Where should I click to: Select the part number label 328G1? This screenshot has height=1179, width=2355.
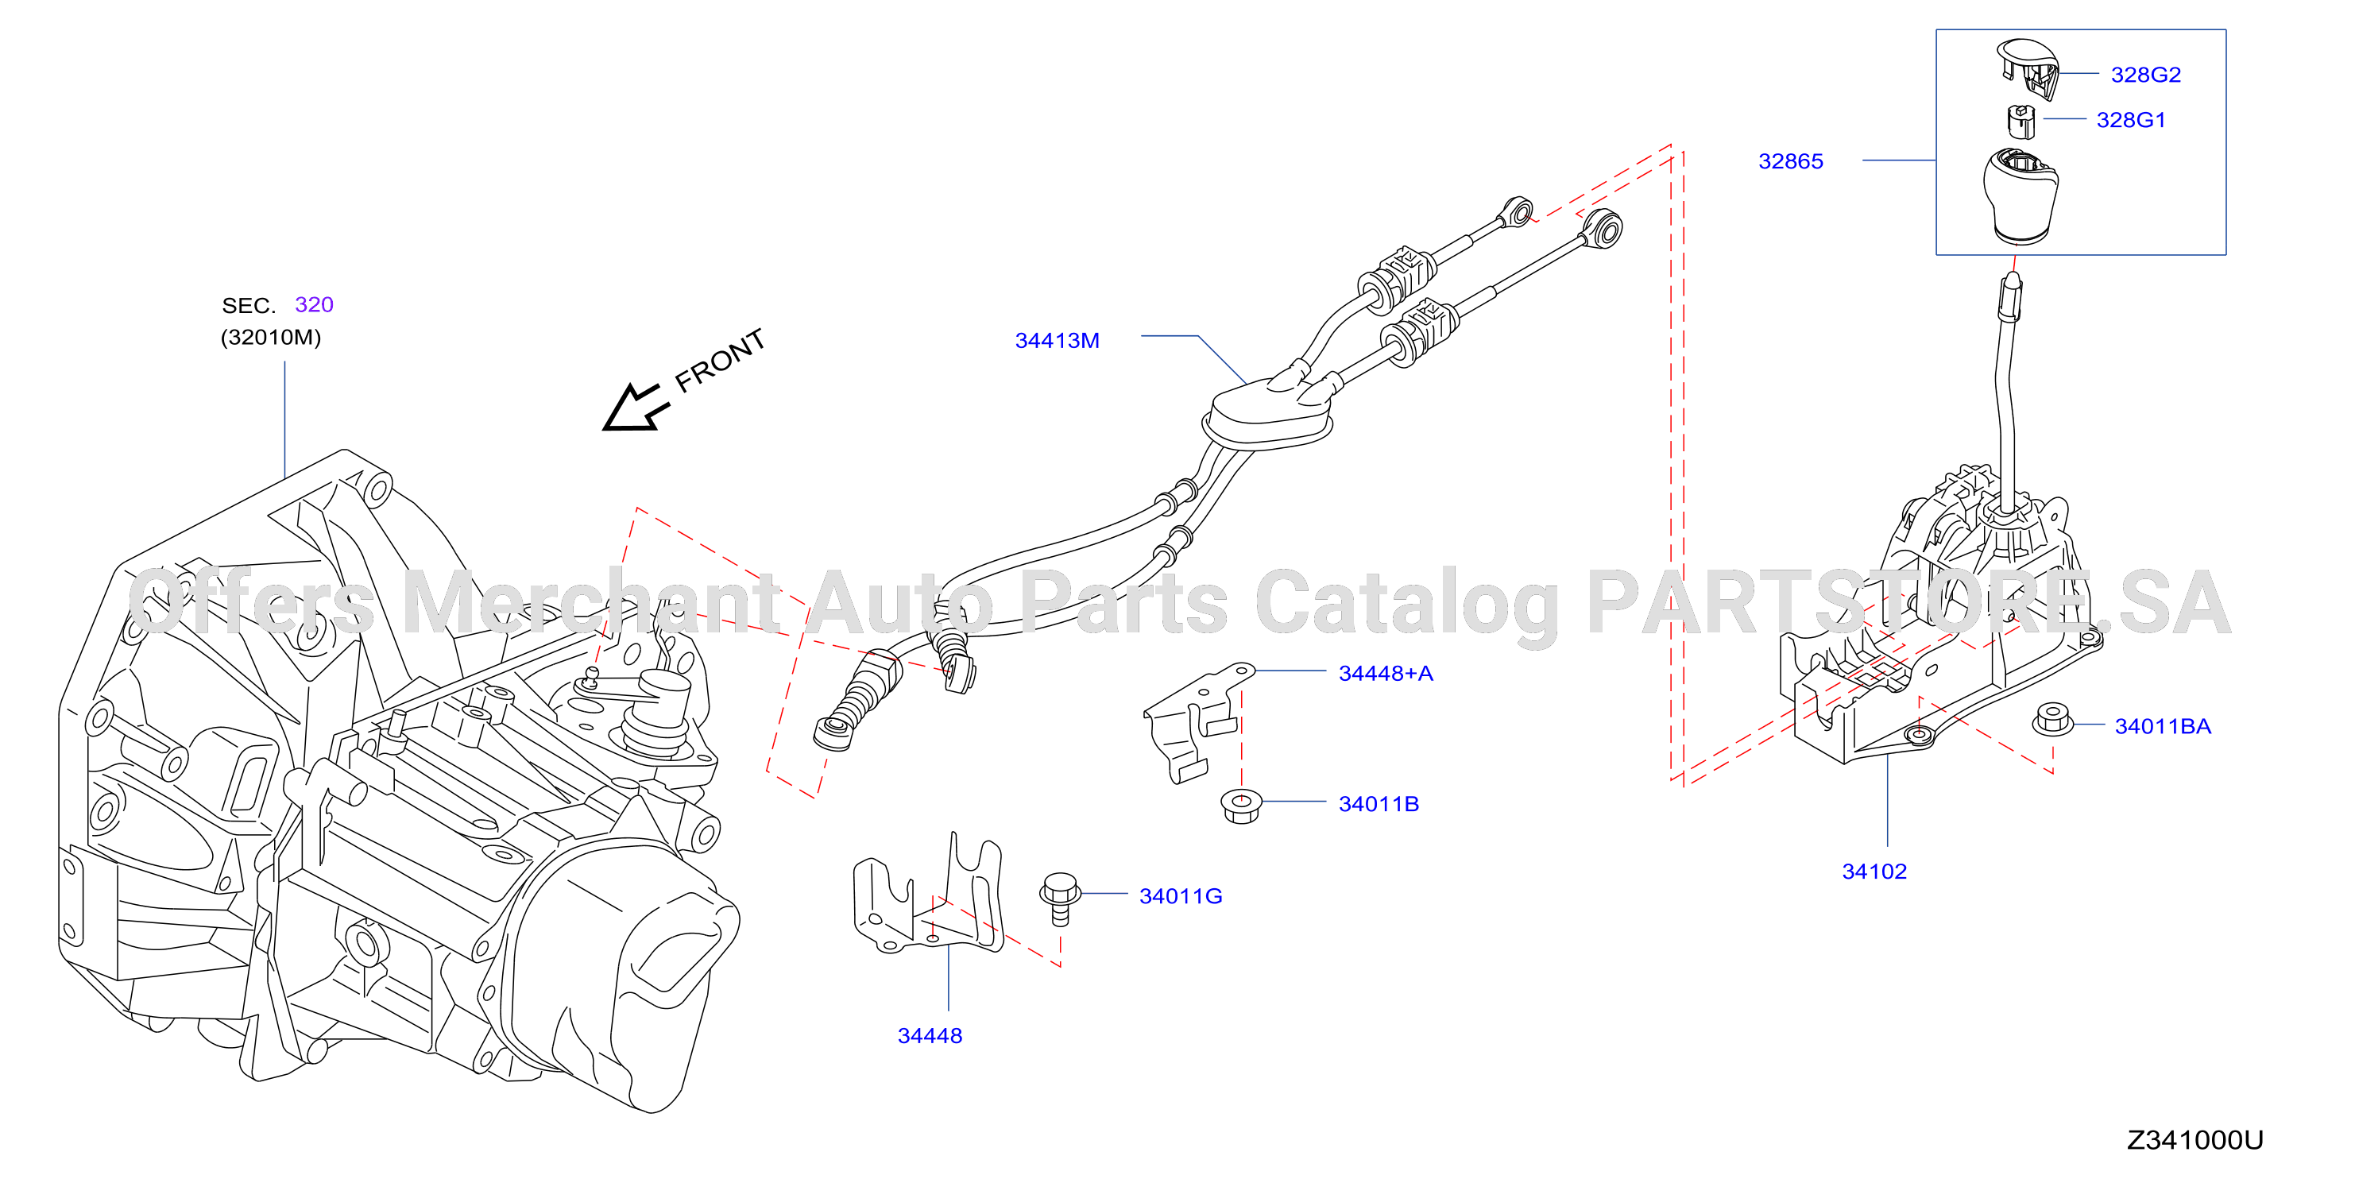[2130, 120]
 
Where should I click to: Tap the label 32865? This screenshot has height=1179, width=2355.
[1790, 162]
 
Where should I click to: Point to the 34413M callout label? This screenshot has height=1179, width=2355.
[1057, 341]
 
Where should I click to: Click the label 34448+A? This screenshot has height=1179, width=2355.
[1385, 674]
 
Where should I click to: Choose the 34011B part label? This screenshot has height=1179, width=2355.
[1378, 804]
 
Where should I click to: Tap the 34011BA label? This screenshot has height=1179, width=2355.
[2162, 727]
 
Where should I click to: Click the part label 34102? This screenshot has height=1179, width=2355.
[1874, 872]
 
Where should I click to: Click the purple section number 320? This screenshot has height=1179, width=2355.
[314, 304]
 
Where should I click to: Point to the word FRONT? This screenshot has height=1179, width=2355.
[720, 360]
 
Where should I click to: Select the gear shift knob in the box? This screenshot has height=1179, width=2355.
[2021, 195]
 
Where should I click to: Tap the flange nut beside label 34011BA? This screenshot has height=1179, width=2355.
[2053, 719]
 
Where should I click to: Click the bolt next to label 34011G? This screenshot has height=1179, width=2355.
[1060, 899]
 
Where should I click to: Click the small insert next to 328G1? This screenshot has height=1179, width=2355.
[2021, 122]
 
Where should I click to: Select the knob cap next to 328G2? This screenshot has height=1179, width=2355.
[2028, 67]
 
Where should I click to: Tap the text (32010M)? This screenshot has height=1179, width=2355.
[271, 337]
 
